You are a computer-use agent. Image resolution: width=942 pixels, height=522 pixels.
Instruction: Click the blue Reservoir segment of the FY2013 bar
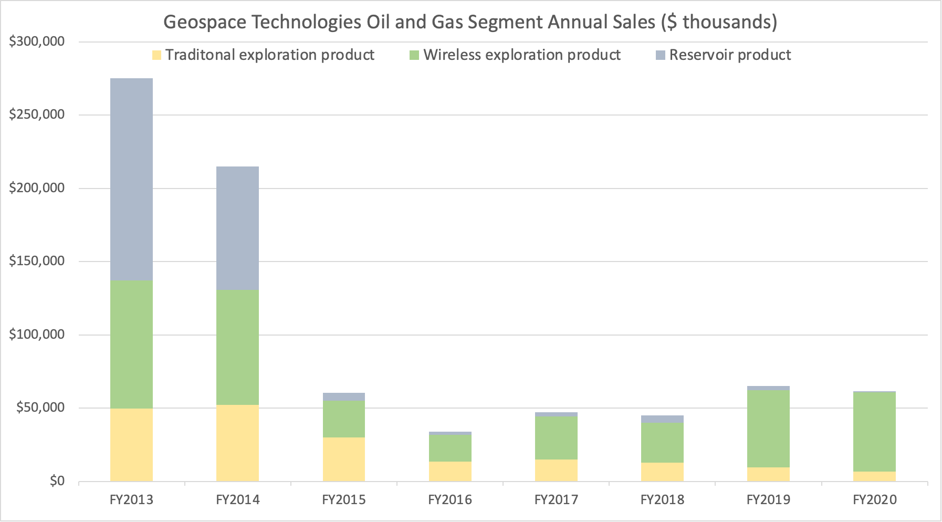coord(131,179)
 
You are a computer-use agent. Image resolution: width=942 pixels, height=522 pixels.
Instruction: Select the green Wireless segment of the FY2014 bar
coord(237,347)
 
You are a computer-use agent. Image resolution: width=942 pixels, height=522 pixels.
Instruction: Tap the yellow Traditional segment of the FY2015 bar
coord(343,459)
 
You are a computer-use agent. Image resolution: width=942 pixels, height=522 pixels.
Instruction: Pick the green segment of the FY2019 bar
coord(768,429)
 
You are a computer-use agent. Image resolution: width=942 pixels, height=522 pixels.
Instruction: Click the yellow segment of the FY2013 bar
coord(131,444)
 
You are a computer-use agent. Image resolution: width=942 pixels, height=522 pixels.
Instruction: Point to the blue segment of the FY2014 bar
coord(237,228)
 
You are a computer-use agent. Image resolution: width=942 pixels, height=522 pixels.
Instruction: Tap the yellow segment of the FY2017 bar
coord(556,470)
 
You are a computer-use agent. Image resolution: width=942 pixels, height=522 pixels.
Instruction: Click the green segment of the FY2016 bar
coord(450,448)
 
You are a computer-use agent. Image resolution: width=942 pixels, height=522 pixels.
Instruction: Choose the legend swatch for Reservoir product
coord(661,55)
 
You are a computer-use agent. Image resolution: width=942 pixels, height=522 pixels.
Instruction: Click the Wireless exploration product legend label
coord(522,55)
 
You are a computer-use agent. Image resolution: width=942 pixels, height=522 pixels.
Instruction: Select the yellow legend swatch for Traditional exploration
coord(156,55)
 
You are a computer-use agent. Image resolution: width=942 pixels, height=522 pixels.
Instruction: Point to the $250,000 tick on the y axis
coord(37,114)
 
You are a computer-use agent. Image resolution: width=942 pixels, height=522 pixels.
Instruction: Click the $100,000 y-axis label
coord(37,335)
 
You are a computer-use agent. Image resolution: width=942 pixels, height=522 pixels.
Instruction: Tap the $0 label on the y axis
coord(57,481)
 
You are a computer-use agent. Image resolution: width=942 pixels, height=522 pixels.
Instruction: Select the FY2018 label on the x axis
coord(662,499)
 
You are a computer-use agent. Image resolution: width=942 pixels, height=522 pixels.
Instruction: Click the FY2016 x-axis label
coord(450,499)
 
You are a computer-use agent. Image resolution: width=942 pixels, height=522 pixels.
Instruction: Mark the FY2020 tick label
coord(874,499)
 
